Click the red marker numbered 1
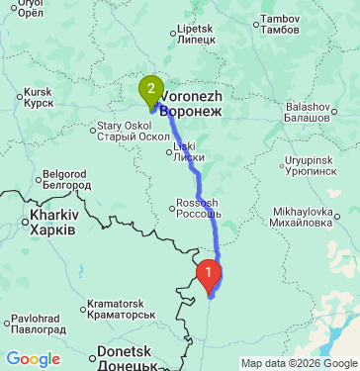pyautogui.click(x=209, y=270)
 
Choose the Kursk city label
pyautogui.click(x=38, y=96)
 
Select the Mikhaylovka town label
pyautogui.click(x=303, y=217)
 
